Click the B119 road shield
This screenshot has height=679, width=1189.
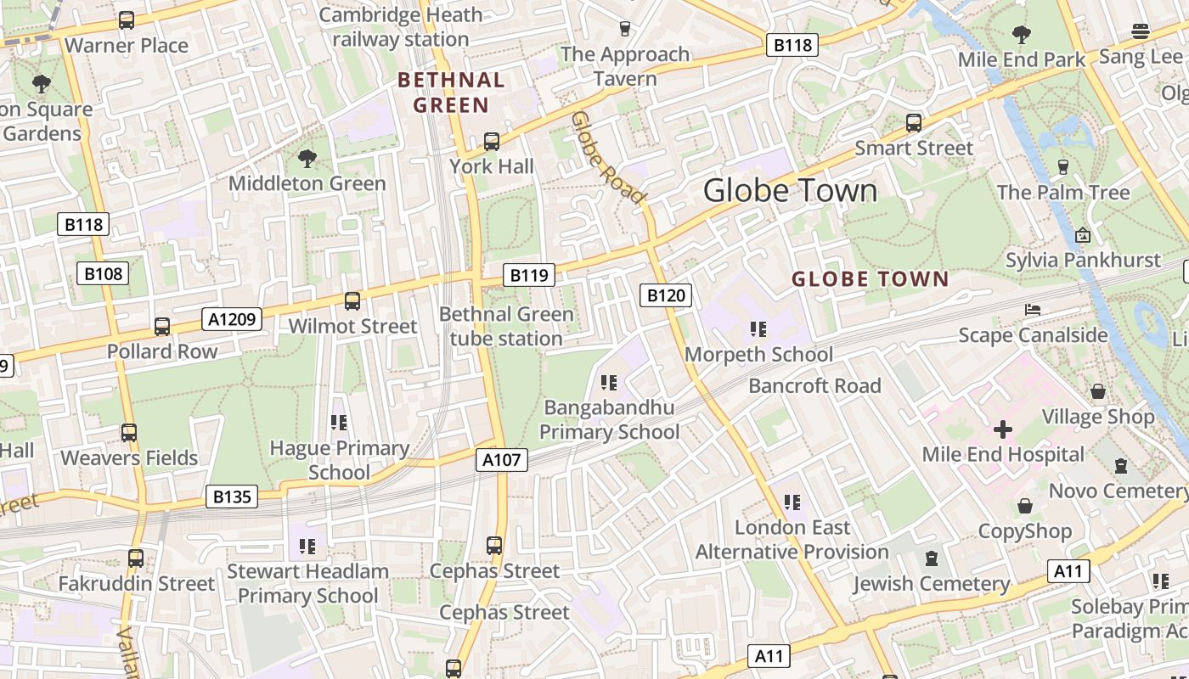(x=529, y=275)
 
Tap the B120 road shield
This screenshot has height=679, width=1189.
(x=665, y=295)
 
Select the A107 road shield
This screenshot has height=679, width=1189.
(x=501, y=460)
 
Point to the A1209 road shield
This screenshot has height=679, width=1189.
(x=232, y=319)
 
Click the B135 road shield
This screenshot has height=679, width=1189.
(x=232, y=497)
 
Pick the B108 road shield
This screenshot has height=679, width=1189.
(x=104, y=273)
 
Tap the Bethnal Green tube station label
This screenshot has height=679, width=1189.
(x=506, y=327)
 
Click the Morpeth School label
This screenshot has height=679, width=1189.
(x=758, y=355)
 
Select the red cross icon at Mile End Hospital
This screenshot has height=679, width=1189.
(x=1003, y=429)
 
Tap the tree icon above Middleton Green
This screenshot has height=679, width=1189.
(x=307, y=158)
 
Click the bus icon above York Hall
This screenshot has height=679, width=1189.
(x=492, y=142)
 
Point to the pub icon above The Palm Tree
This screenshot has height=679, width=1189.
(x=1062, y=167)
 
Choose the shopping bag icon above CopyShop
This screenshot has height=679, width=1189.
(x=1025, y=507)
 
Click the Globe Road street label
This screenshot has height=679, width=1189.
(x=607, y=158)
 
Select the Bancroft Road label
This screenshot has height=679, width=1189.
(x=814, y=386)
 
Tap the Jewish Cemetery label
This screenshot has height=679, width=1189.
(x=932, y=584)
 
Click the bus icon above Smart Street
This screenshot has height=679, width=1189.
(x=914, y=123)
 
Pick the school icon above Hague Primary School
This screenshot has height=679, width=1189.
(x=339, y=423)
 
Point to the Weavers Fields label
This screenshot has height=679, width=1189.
(x=129, y=458)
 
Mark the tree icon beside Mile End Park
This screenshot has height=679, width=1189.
(x=1022, y=35)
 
